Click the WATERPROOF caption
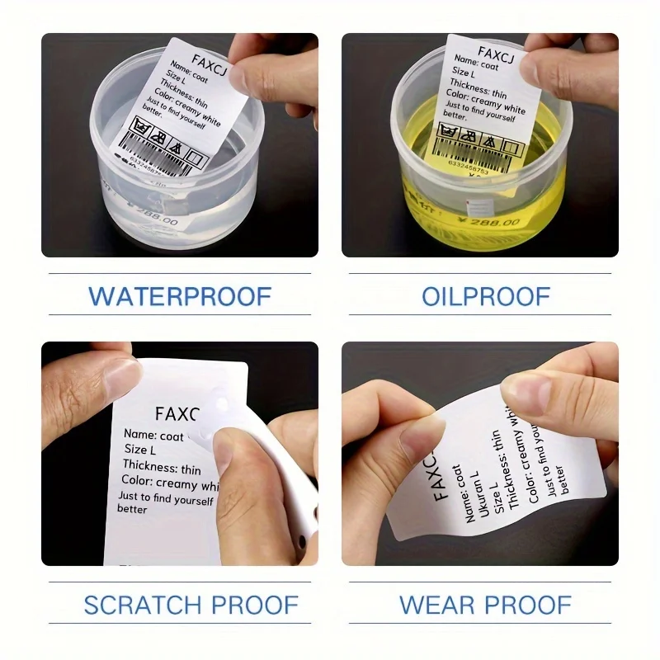pyautogui.click(x=180, y=296)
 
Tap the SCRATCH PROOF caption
pyautogui.click(x=191, y=605)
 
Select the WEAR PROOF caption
pyautogui.click(x=485, y=605)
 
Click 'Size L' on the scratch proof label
pyautogui.click(x=140, y=450)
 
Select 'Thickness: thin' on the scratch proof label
pyautogui.click(x=162, y=468)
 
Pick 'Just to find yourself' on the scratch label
pyautogui.click(x=165, y=498)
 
